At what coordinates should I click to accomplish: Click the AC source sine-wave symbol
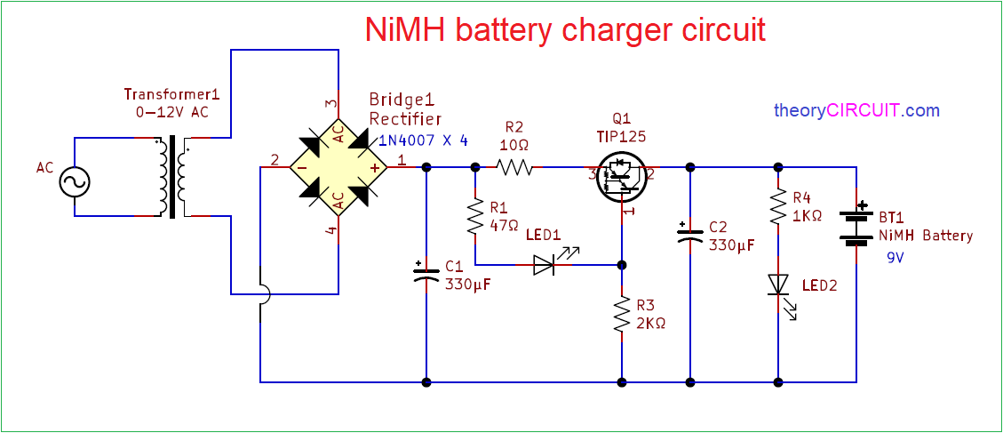(x=75, y=183)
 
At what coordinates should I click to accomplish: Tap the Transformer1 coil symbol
(x=173, y=176)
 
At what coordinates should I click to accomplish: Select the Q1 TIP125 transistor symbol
(x=622, y=174)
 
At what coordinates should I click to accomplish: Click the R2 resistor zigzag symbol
(x=515, y=166)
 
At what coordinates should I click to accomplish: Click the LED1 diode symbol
(x=545, y=264)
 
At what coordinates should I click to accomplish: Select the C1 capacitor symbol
(x=427, y=272)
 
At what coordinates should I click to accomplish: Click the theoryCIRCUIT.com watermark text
(x=856, y=111)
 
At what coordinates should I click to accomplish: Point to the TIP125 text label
(x=622, y=137)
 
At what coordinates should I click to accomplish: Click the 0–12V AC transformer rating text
(x=171, y=111)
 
